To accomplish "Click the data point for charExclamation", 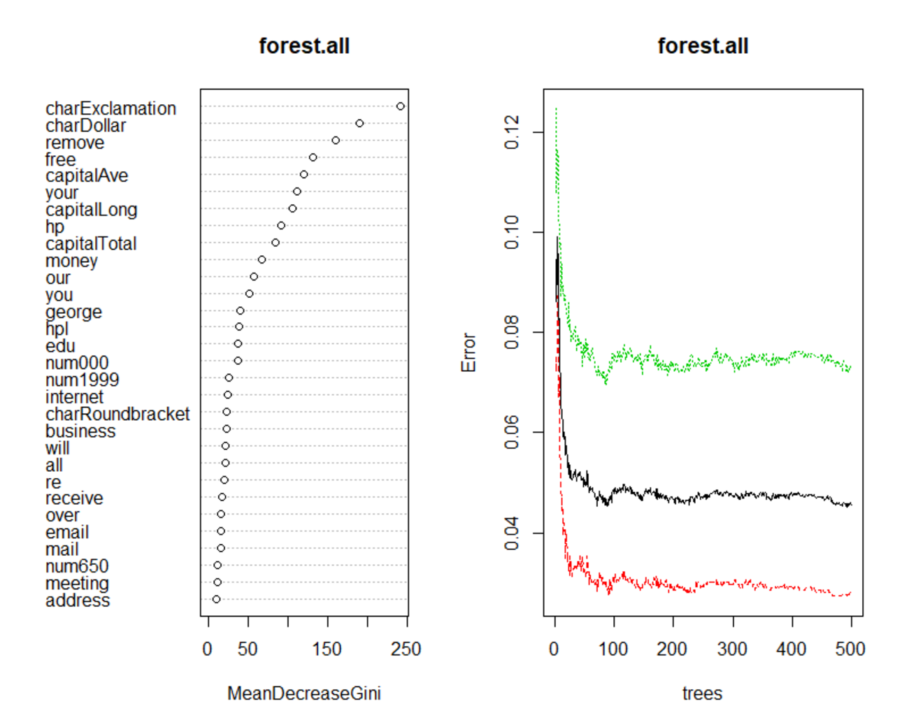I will click(401, 106).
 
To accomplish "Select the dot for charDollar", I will click(359, 123).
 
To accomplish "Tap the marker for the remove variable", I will click(336, 141).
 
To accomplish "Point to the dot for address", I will click(216, 599).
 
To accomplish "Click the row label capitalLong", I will click(91, 210).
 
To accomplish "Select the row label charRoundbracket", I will click(117, 414).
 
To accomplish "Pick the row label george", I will click(73, 312).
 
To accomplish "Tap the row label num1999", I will click(82, 380).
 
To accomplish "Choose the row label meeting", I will click(77, 583).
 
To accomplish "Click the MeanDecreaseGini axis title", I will click(304, 693).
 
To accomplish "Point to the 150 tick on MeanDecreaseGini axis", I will click(327, 649).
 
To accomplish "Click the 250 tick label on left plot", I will click(406, 649).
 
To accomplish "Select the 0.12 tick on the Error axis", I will click(512, 132).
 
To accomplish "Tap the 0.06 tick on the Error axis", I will click(512, 432).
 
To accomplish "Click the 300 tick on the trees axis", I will click(732, 649).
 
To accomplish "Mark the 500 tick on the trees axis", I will click(850, 649).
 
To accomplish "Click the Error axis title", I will click(468, 352).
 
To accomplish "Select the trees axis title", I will click(702, 693).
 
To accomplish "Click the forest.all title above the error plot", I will click(703, 46).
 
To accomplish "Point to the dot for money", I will click(262, 259).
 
